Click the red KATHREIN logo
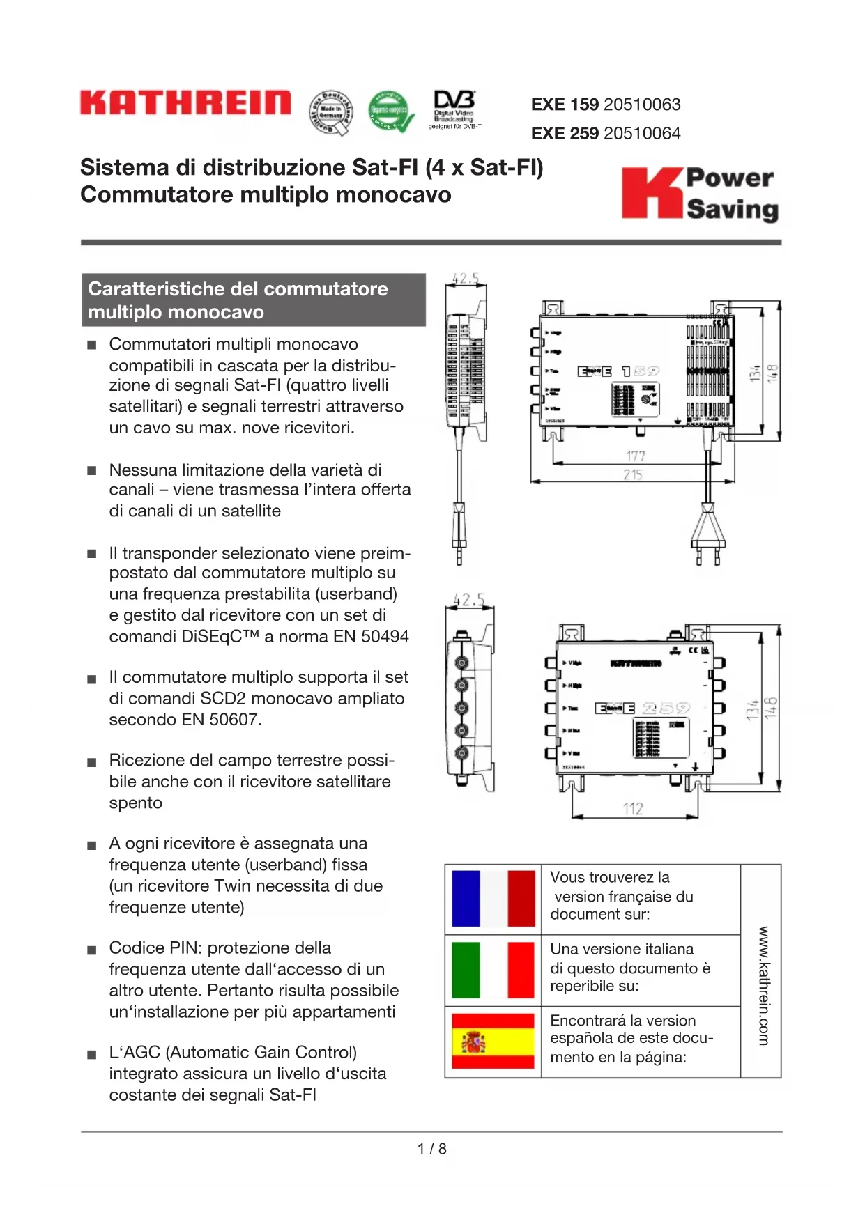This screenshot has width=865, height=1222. point(185,102)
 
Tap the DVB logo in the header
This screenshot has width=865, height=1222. point(454,109)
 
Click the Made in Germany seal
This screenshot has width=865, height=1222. point(331,112)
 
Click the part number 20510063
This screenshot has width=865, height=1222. point(642,105)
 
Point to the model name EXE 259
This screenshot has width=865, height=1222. point(565,133)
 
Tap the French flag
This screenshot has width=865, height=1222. point(493,899)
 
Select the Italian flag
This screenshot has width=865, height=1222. point(493,970)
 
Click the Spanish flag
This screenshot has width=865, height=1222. point(493,1042)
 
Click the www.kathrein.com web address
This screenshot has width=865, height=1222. point(763,985)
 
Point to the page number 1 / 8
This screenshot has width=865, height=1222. point(432,1149)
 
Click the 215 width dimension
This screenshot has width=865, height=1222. point(633,474)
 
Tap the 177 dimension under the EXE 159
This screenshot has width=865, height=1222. point(636,456)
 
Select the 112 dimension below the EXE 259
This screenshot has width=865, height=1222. point(633,808)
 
